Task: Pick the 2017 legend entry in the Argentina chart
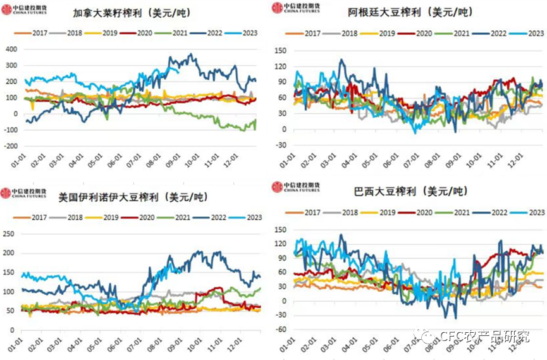tap(307, 33)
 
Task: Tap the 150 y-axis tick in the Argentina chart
tap(281, 49)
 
